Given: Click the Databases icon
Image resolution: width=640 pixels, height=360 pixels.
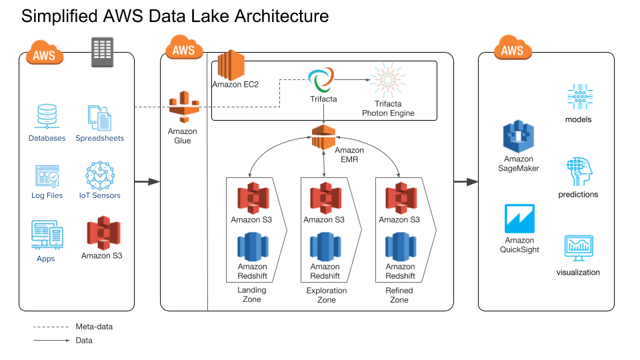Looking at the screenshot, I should coord(47,117).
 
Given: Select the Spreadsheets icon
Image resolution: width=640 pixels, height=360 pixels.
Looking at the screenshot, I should coord(99,117).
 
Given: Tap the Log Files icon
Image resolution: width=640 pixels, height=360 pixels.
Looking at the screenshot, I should coord(47,176).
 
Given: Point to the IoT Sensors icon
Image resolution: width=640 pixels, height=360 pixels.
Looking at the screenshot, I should coord(99,176).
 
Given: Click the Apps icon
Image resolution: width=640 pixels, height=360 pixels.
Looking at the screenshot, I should coord(47,235).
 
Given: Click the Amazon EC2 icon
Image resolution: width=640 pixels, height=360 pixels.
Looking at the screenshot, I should coord(231,65).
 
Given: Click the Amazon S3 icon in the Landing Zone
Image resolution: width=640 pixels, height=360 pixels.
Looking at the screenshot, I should coord(251,197).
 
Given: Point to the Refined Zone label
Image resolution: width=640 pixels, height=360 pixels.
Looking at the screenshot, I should coord(399,295).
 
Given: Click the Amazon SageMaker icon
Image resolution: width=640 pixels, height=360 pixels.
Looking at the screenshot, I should coord(519,137).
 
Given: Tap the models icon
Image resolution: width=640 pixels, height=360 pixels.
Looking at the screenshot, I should coord(578,98).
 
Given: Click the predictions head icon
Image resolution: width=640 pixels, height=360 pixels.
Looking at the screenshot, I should coord(578,172).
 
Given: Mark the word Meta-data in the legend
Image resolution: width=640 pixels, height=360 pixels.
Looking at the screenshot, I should coord(94,327).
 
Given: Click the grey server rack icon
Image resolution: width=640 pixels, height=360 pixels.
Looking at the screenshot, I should coord(101,51).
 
